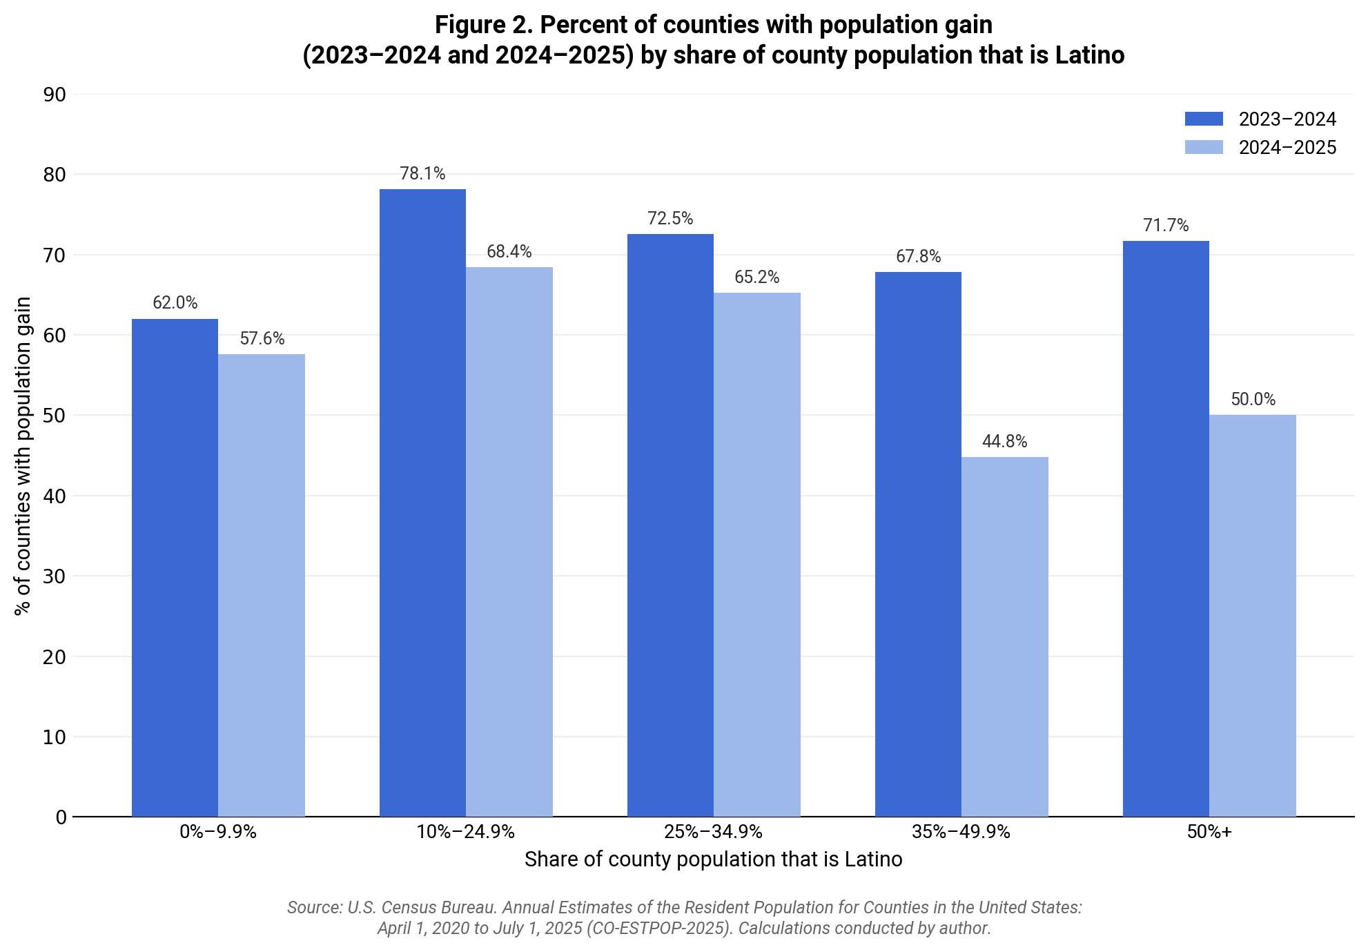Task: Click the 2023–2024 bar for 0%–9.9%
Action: [x=175, y=567]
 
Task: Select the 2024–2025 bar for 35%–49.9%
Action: [x=1004, y=637]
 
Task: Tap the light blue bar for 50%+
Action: [x=1252, y=616]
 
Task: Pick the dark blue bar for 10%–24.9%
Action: [x=422, y=503]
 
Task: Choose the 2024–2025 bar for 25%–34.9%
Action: [x=756, y=554]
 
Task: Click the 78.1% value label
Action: [x=422, y=174]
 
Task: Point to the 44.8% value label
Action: [x=1004, y=442]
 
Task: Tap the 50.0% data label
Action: [x=1253, y=400]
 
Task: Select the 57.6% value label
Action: [x=262, y=339]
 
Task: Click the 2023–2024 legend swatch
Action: [x=1203, y=119]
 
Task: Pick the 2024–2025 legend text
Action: [x=1287, y=148]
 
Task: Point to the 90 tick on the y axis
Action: [x=55, y=95]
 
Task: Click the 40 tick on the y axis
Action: [x=55, y=496]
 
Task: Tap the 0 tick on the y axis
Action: [x=61, y=817]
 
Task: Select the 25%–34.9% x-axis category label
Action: [x=713, y=832]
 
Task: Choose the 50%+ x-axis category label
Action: [x=1209, y=832]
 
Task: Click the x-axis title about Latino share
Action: [x=713, y=859]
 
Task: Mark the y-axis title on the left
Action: [x=23, y=456]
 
